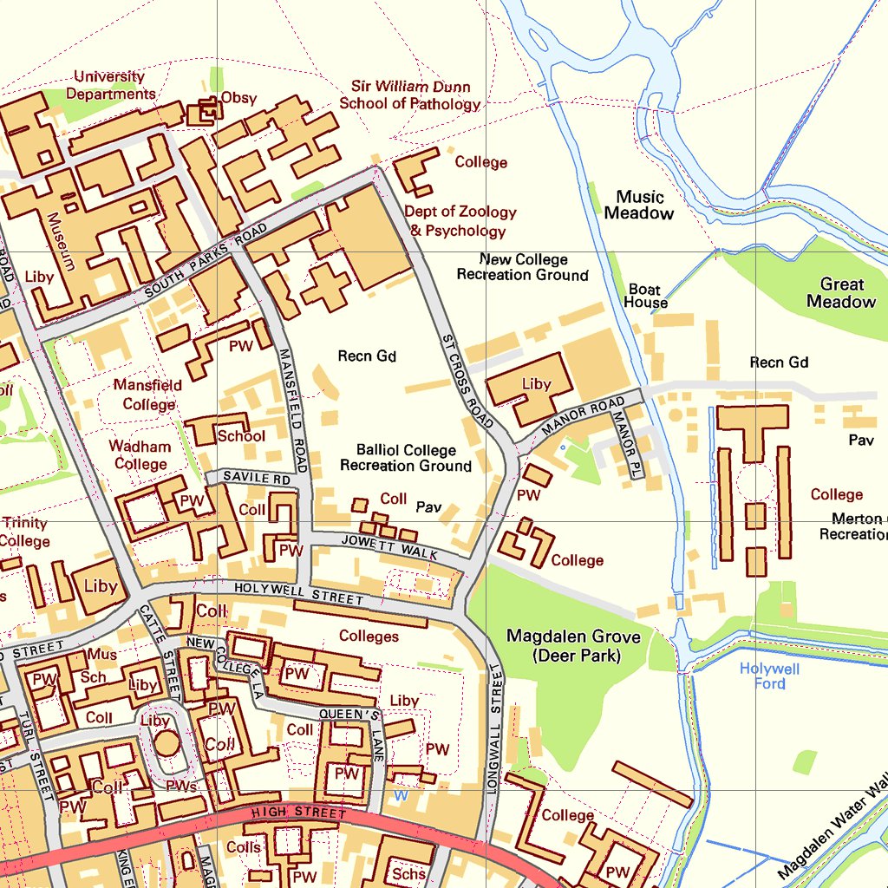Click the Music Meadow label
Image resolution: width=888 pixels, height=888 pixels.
(x=639, y=205)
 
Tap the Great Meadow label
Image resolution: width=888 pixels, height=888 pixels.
(x=841, y=293)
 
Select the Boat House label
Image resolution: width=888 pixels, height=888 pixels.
(x=645, y=296)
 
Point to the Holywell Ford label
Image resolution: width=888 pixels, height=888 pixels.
(x=769, y=676)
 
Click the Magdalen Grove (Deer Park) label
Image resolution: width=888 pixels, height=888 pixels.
(x=573, y=646)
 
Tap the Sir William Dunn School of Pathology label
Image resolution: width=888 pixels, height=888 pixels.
(x=410, y=95)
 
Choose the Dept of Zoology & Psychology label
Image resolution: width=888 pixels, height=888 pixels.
(x=460, y=221)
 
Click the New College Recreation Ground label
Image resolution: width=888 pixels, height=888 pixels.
(x=523, y=267)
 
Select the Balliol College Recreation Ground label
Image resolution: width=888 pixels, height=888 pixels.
(x=406, y=458)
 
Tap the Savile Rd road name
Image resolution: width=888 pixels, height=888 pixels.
(x=257, y=478)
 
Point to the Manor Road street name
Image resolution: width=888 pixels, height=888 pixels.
(x=583, y=417)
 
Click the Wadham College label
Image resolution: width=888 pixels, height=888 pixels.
(x=140, y=455)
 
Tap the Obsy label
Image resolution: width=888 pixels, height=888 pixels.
(x=238, y=98)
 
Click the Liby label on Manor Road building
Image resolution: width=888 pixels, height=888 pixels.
(x=537, y=383)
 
